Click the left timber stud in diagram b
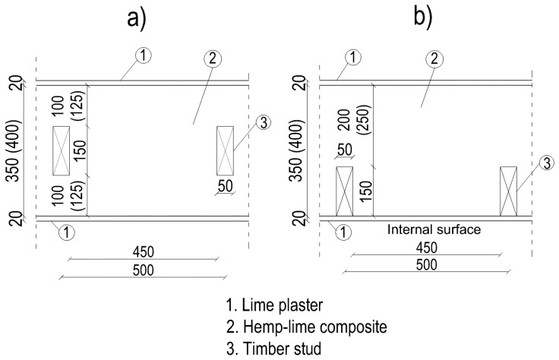tap(344, 191)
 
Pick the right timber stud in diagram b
tap(508, 191)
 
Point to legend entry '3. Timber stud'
tap(270, 349)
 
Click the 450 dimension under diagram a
tap(144, 249)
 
